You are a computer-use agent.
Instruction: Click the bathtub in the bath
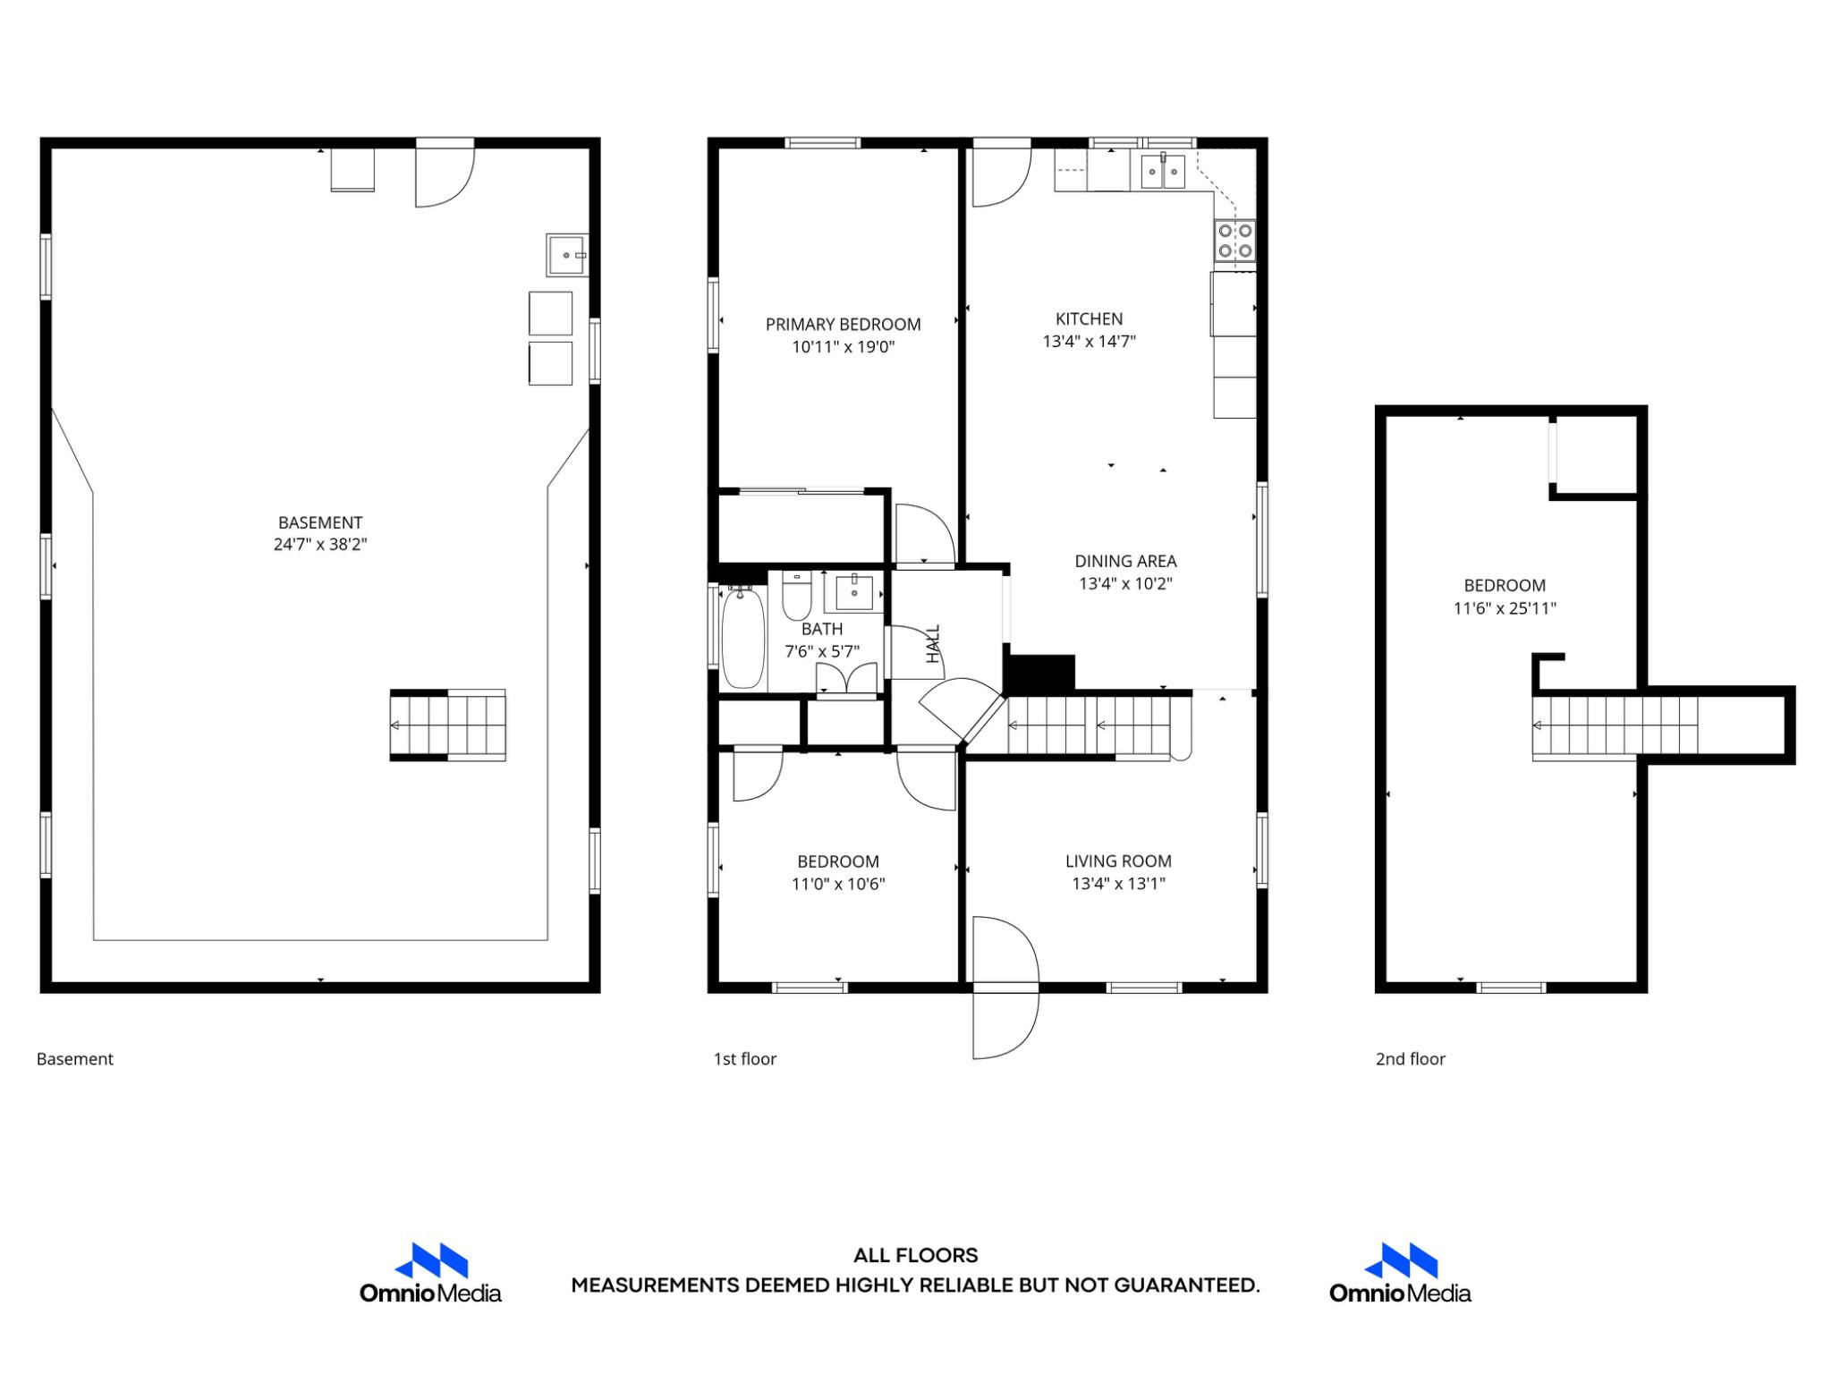point(743,637)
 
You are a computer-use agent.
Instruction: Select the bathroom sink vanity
point(854,592)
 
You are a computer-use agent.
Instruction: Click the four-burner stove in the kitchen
point(1234,240)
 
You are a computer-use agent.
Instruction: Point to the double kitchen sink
point(1163,171)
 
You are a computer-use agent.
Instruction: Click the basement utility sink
point(567,255)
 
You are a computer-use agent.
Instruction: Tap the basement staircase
point(448,725)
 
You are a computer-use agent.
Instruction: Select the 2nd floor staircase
point(1615,725)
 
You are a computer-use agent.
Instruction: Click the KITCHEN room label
point(1089,318)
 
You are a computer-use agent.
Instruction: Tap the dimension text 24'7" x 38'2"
point(320,545)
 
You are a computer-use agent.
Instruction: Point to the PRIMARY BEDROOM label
point(843,325)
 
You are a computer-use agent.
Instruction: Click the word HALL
point(933,644)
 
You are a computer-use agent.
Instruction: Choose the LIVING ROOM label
point(1118,861)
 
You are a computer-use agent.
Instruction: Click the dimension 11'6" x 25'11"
point(1505,608)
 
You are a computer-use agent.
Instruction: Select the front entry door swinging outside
point(1005,1024)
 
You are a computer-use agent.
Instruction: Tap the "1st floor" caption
point(744,1059)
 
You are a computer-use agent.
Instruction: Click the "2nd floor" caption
point(1410,1059)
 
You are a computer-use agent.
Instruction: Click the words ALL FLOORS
point(915,1255)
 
